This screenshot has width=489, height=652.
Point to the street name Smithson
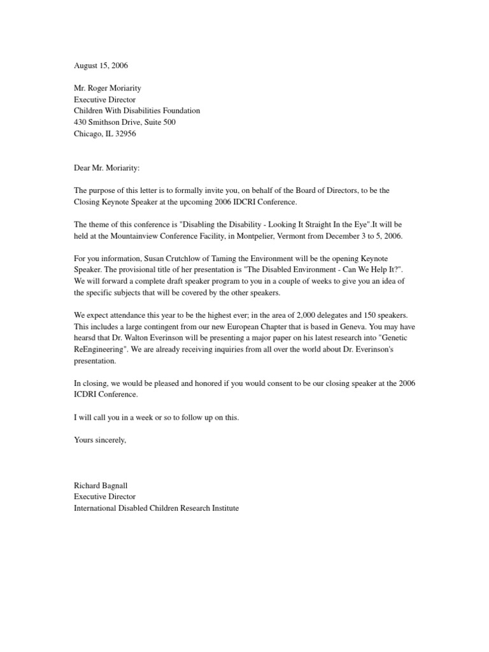point(110,122)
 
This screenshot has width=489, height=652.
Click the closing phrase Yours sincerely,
point(101,440)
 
